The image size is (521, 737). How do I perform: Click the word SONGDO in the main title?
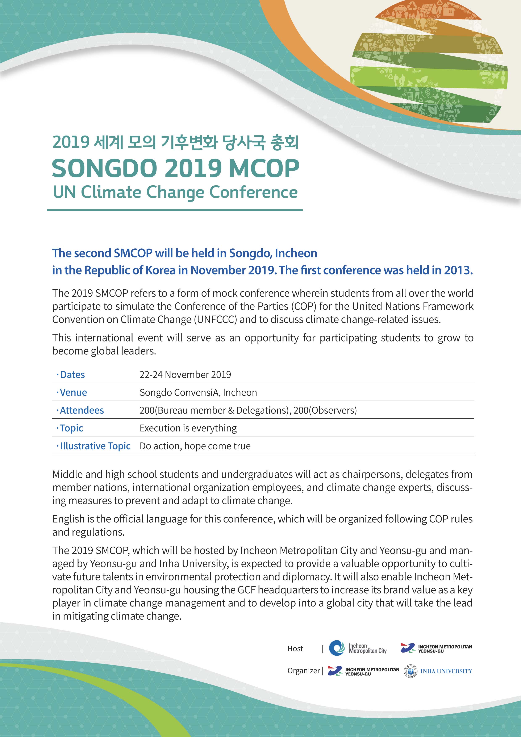tap(104, 169)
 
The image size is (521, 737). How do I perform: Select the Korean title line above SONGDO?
tap(175, 142)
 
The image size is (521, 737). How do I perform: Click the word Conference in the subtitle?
tap(253, 192)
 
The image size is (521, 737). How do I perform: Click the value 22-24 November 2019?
tap(185, 375)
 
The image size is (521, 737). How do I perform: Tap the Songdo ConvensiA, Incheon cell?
tap(198, 393)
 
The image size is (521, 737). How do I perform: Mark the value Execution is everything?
tap(188, 428)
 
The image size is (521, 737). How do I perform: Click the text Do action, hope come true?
tap(195, 446)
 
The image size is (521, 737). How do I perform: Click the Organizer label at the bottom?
tap(303, 671)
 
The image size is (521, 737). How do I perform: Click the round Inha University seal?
tap(410, 671)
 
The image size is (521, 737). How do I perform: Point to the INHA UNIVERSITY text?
tap(446, 671)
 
